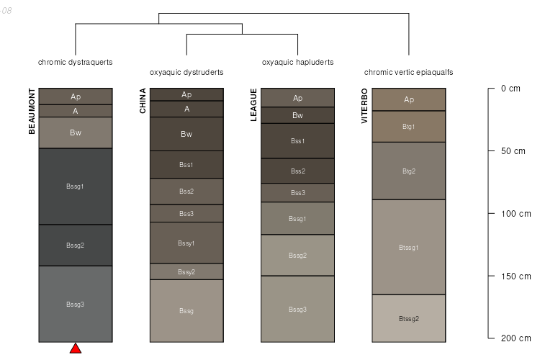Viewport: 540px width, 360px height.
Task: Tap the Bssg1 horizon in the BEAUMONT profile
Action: click(76, 186)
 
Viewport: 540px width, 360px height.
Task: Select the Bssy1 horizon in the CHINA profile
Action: click(186, 243)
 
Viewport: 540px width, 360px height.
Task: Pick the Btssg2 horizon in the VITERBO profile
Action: click(409, 318)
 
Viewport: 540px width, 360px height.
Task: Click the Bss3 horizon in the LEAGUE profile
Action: click(298, 193)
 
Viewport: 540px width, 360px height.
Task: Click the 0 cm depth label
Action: click(510, 89)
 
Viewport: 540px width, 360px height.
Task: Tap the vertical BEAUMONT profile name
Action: click(32, 111)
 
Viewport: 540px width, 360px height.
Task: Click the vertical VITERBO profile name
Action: click(365, 106)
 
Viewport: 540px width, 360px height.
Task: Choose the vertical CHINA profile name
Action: click(143, 101)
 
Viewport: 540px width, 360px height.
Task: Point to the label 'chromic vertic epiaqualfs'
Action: click(408, 72)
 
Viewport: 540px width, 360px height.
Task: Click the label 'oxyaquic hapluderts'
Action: click(297, 62)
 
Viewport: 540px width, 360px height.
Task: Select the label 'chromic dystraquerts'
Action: click(76, 62)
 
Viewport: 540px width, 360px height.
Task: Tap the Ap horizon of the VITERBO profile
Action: click(409, 99)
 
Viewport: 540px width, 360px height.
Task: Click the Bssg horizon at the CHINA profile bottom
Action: click(186, 310)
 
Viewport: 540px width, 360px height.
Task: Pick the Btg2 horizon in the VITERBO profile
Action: click(409, 171)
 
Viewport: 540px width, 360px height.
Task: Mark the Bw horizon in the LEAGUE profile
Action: click(298, 115)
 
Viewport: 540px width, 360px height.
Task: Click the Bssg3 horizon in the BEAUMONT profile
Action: click(76, 304)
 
